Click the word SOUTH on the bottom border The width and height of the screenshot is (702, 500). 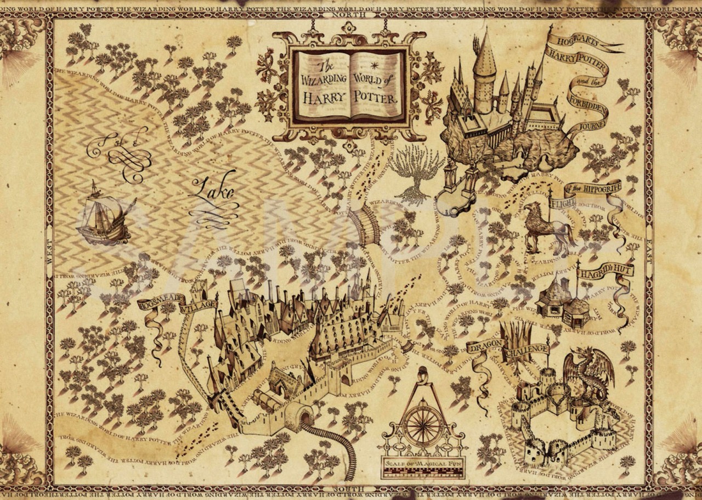(x=351, y=487)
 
